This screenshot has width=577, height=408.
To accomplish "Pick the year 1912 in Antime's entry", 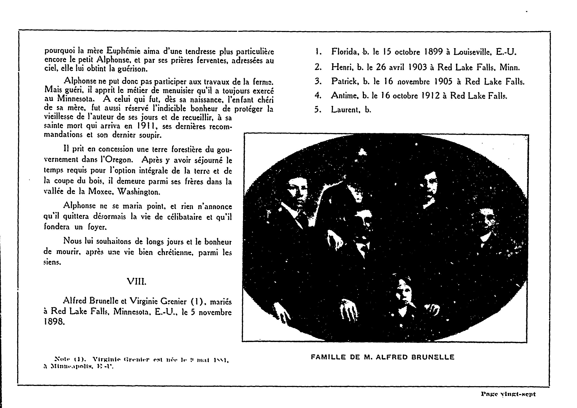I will click(x=428, y=96).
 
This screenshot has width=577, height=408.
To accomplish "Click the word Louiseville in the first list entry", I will click(x=472, y=52).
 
